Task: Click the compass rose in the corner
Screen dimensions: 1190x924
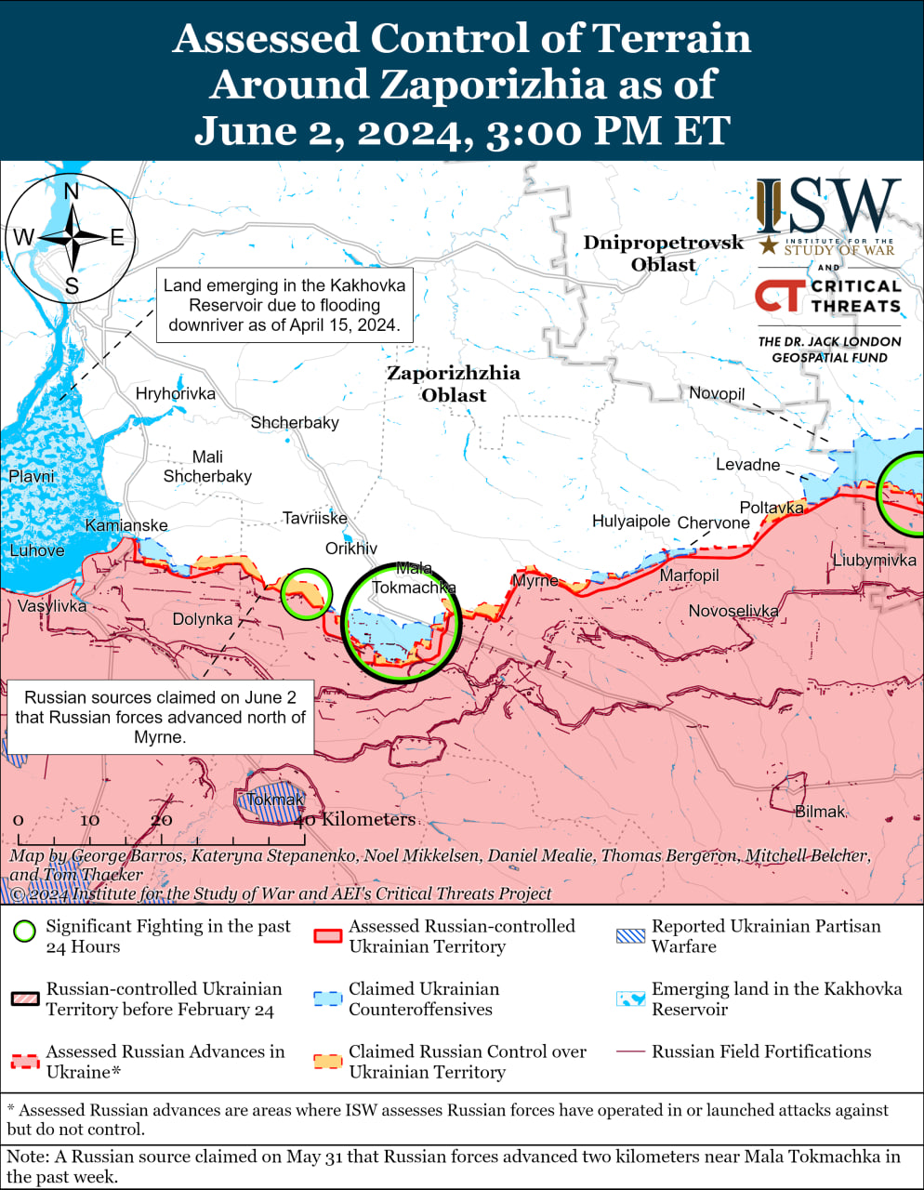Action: (71, 237)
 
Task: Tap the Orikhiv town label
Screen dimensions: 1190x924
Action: (351, 549)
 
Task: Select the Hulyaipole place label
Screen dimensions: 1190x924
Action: (631, 522)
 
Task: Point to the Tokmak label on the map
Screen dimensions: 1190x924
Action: (276, 800)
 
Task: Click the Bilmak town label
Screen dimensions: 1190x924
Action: (820, 812)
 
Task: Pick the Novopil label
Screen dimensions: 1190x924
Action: (717, 393)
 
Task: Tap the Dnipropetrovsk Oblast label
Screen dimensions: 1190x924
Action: (664, 253)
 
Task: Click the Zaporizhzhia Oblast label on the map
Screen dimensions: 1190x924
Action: (454, 384)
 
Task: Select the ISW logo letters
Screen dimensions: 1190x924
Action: (827, 205)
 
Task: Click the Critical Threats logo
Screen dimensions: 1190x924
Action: (827, 296)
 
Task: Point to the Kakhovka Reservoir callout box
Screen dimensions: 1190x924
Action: (284, 305)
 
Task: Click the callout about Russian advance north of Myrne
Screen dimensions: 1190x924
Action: (160, 717)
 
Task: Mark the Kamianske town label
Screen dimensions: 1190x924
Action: (126, 525)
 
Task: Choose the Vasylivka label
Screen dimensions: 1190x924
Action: (52, 606)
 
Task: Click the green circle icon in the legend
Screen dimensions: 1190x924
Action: (25, 931)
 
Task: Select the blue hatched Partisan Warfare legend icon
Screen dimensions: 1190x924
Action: (630, 935)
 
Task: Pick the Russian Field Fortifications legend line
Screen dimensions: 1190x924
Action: (630, 1051)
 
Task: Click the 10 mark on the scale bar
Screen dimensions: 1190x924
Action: (89, 820)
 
